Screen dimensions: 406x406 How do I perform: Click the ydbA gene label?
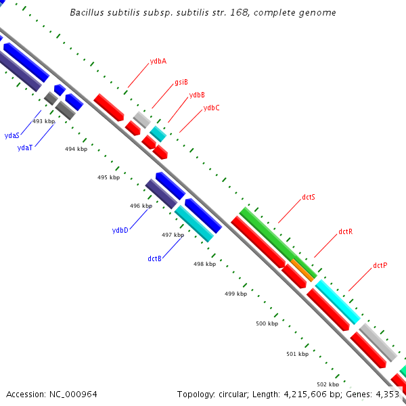click(x=158, y=61)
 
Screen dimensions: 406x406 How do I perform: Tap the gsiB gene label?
click(x=181, y=82)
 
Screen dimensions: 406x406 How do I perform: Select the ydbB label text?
click(x=197, y=95)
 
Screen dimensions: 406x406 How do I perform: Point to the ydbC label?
click(x=211, y=108)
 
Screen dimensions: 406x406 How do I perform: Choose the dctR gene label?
click(x=345, y=231)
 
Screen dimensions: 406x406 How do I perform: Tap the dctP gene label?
click(x=380, y=265)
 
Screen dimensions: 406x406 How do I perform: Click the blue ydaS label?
click(x=12, y=135)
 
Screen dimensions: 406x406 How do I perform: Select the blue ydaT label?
click(x=25, y=148)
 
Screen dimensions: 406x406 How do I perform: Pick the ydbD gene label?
click(x=120, y=230)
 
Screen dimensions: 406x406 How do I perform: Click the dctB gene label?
click(x=154, y=258)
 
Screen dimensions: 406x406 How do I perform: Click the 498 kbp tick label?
click(x=204, y=264)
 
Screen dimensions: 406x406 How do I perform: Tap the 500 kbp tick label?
click(x=267, y=323)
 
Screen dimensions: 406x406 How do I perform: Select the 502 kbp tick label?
click(x=328, y=384)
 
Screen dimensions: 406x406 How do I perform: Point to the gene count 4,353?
click(x=385, y=394)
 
